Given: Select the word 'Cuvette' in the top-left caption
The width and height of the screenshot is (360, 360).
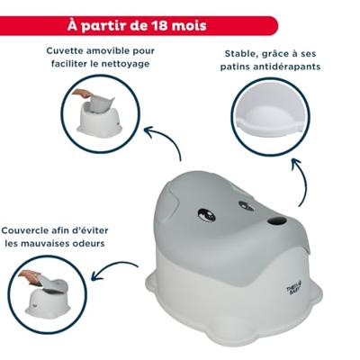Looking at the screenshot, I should pyautogui.click(x=68, y=51).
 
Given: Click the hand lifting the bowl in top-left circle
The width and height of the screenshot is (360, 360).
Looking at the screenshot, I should pyautogui.click(x=80, y=93).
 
